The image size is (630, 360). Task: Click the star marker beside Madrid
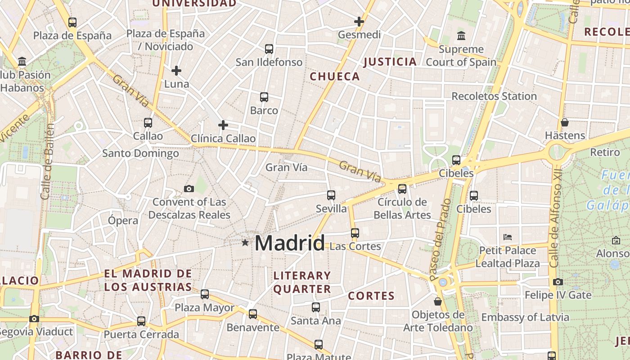pyautogui.click(x=245, y=243)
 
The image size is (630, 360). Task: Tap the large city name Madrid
pyautogui.click(x=289, y=243)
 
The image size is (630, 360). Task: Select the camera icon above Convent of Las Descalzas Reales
pyautogui.click(x=189, y=189)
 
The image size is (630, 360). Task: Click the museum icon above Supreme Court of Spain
pyautogui.click(x=461, y=36)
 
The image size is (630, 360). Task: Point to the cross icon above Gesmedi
pyautogui.click(x=359, y=21)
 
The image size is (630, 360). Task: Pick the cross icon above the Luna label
pyautogui.click(x=176, y=70)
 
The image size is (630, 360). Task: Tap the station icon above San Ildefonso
pyautogui.click(x=269, y=49)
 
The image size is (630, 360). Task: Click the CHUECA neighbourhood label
pyautogui.click(x=335, y=76)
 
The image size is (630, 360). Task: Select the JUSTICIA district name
pyautogui.click(x=390, y=62)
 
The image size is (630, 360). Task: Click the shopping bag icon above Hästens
pyautogui.click(x=565, y=122)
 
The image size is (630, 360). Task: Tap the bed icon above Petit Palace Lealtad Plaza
pyautogui.click(x=508, y=237)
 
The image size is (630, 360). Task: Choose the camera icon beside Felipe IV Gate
pyautogui.click(x=558, y=282)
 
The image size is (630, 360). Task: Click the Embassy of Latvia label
pyautogui.click(x=525, y=317)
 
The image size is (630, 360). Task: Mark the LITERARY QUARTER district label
pyautogui.click(x=302, y=282)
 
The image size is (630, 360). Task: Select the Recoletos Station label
pyautogui.click(x=494, y=96)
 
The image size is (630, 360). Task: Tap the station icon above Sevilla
pyautogui.click(x=331, y=195)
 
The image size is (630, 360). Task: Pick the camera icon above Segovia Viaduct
pyautogui.click(x=34, y=319)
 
